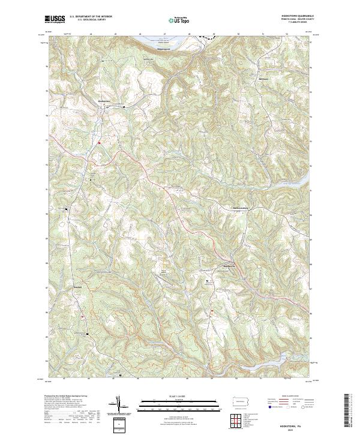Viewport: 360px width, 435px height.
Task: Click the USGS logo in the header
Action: (55, 19)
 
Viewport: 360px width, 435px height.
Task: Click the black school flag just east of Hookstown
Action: (124, 107)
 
